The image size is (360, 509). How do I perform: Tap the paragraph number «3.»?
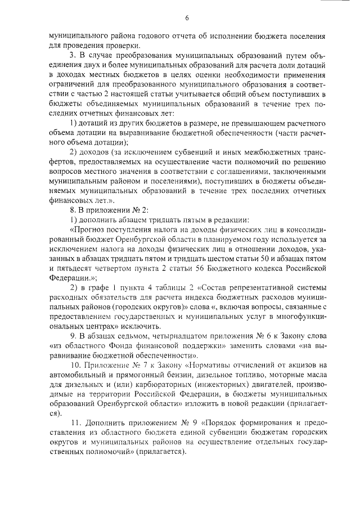[72, 57]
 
